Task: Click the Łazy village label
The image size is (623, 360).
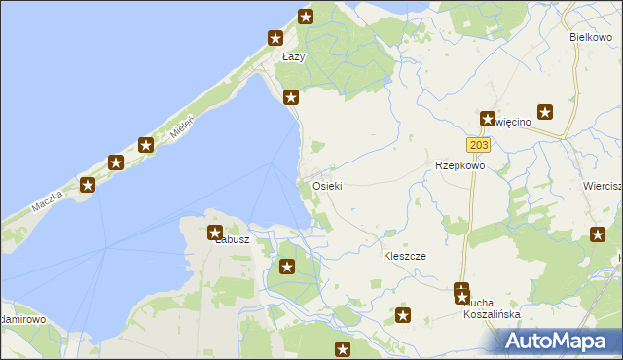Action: tap(293, 57)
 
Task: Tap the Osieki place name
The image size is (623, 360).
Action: tap(326, 185)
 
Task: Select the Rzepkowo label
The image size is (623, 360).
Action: tap(459, 165)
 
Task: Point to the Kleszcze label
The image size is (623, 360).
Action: tap(405, 255)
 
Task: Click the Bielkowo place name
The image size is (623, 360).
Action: tap(589, 36)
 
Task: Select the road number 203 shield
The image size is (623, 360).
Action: tap(477, 145)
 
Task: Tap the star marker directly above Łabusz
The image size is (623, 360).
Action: tap(215, 233)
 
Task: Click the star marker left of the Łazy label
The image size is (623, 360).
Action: tap(275, 38)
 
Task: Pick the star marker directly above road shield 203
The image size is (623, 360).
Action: tap(487, 118)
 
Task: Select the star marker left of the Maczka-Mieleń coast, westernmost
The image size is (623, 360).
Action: tap(88, 184)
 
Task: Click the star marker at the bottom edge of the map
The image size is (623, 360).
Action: tap(343, 350)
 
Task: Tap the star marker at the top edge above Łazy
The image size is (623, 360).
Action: tap(306, 16)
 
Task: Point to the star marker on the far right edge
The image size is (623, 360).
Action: tap(599, 234)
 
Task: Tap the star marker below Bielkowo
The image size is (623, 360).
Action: tap(545, 112)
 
